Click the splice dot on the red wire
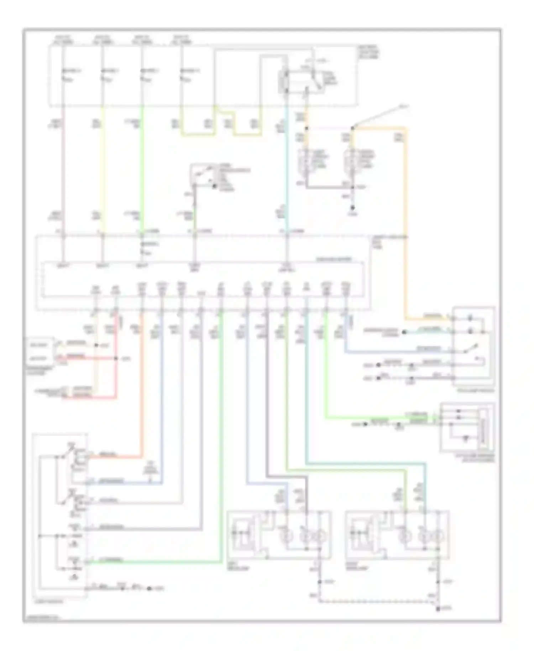(116, 358)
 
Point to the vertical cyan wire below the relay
(287, 171)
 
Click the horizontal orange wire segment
(379, 127)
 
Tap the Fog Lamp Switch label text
(473, 391)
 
